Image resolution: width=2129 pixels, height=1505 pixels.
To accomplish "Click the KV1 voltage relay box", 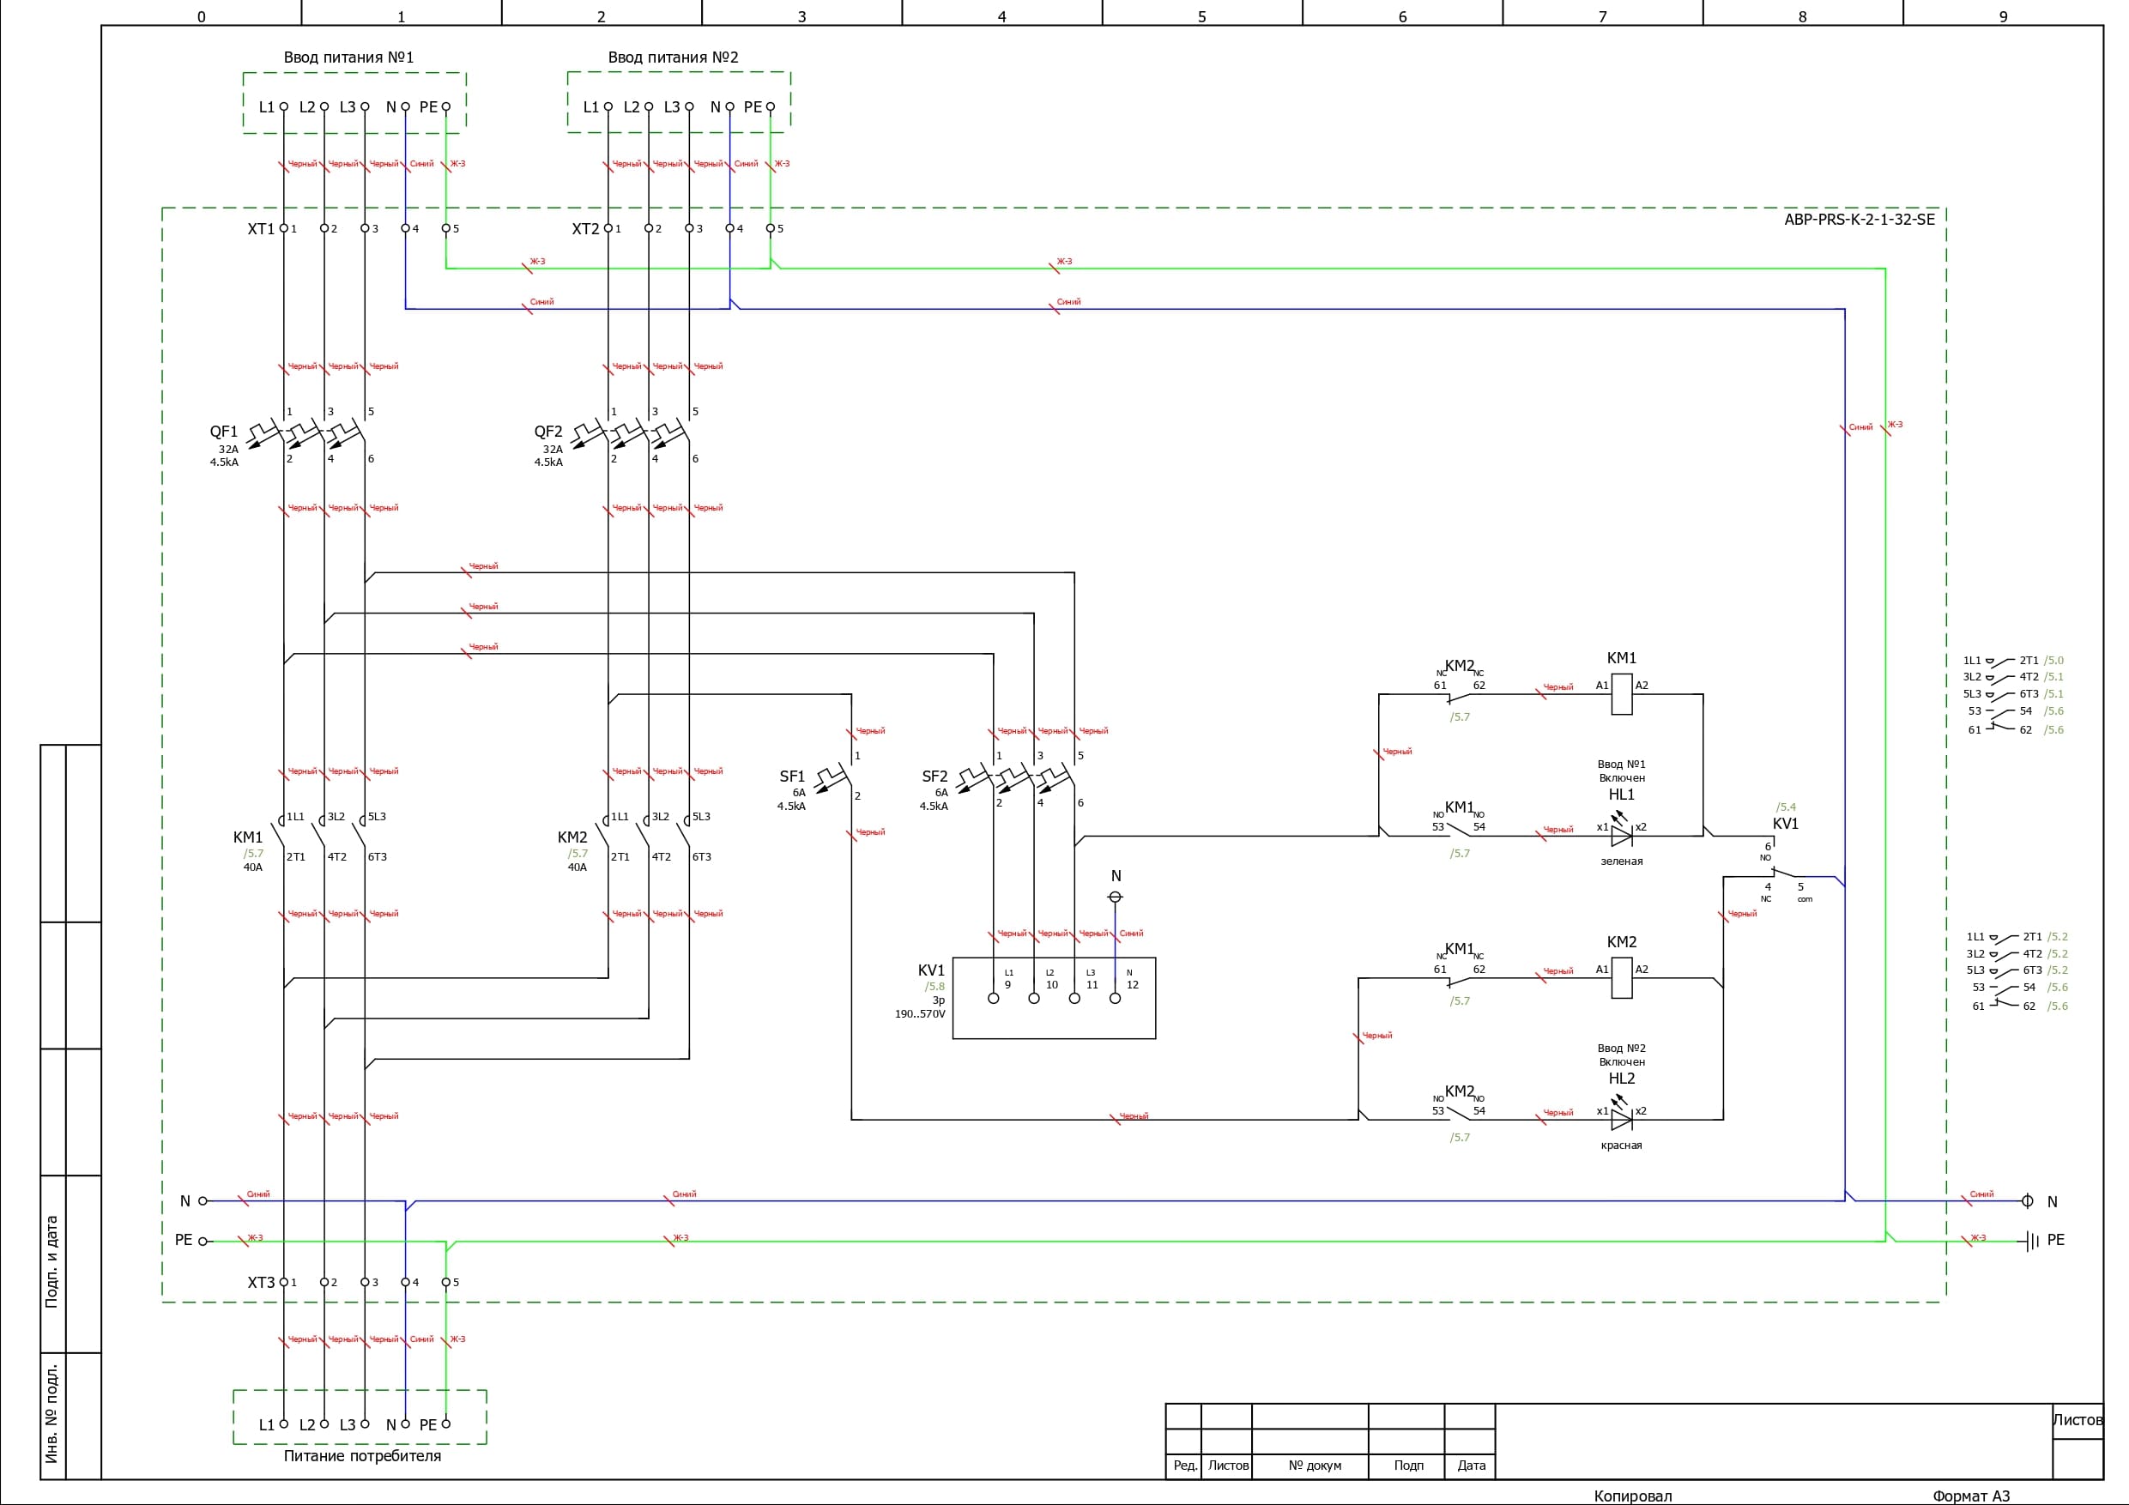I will [x=1054, y=998].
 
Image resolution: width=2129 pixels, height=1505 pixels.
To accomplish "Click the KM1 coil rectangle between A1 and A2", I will [x=1621, y=693].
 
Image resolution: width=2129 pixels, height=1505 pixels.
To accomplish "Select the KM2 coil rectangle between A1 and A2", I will [x=1621, y=977].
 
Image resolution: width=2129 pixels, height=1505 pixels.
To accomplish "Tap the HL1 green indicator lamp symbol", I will [x=1621, y=836].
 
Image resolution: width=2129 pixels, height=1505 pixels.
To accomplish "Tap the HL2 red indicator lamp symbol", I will [x=1621, y=1119].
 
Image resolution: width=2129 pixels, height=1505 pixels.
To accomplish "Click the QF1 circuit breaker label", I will [x=223, y=432].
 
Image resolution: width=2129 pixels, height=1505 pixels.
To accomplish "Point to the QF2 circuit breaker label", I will [x=548, y=432].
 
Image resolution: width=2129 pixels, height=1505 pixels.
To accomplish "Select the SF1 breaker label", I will [x=792, y=777].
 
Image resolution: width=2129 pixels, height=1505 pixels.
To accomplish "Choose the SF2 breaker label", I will [x=934, y=777].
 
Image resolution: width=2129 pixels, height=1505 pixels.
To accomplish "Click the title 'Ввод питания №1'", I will [x=348, y=57].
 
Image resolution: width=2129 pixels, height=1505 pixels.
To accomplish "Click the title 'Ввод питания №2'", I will [x=673, y=57].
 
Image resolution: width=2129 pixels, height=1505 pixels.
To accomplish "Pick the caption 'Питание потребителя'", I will [x=361, y=1456].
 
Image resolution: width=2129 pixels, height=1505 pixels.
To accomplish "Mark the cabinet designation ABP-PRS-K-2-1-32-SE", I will [x=1860, y=220].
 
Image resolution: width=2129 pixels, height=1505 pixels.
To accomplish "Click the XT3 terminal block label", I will [x=261, y=1283].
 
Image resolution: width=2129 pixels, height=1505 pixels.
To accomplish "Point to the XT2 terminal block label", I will [x=585, y=229].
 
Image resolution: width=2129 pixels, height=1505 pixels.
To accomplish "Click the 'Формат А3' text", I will [x=1970, y=1496].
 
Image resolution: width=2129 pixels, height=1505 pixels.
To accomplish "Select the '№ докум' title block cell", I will [x=1314, y=1466].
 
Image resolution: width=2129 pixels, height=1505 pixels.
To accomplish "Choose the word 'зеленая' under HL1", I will [x=1621, y=861].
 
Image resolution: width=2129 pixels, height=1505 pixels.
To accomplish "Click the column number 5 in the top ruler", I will [x=1201, y=16].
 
